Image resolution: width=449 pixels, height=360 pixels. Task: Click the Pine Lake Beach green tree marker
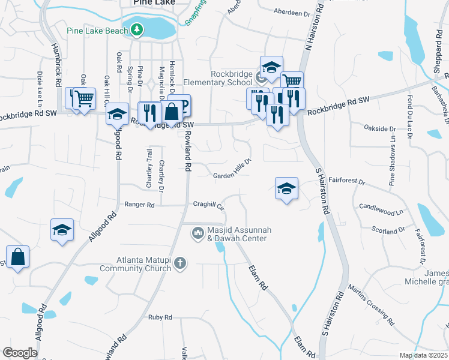(x=137, y=30)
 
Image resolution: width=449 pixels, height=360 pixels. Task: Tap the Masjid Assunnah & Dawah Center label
(x=237, y=234)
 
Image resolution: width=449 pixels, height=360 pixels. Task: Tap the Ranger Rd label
(x=139, y=205)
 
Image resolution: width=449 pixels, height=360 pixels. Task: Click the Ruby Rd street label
(x=160, y=317)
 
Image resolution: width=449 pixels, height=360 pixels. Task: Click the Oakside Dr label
(x=381, y=128)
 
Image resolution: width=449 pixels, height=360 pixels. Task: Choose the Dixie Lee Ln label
(x=41, y=86)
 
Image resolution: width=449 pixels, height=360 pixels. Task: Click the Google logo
(x=20, y=353)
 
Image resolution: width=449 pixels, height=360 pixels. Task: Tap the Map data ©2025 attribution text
(x=423, y=355)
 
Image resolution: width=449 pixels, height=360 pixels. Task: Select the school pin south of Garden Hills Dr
(x=287, y=188)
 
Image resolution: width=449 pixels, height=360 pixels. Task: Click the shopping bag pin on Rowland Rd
(x=172, y=112)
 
